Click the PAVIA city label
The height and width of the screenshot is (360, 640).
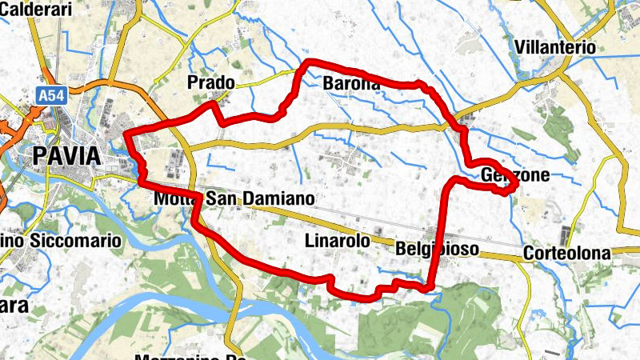(x=67, y=155)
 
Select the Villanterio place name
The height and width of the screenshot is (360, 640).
(x=556, y=47)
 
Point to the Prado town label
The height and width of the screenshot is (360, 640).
(x=210, y=82)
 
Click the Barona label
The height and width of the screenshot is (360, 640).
(x=350, y=83)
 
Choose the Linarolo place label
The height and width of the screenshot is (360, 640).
(x=338, y=241)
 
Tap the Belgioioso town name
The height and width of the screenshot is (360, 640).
(x=437, y=250)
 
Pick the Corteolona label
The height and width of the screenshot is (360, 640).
(x=566, y=254)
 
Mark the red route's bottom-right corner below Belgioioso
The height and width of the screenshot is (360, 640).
(x=430, y=286)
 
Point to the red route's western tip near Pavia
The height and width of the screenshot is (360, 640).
(x=127, y=134)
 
